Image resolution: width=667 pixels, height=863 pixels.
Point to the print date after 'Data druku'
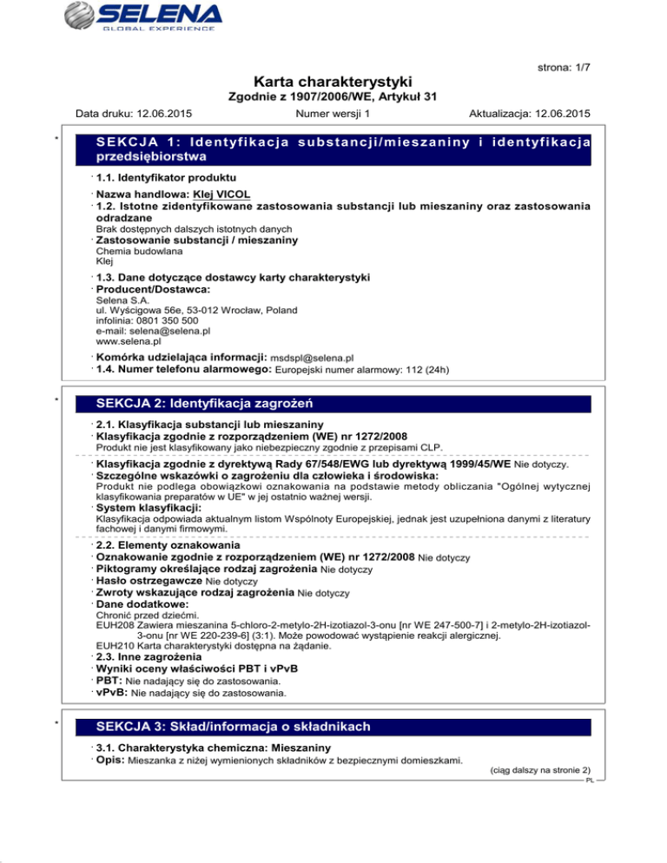164,113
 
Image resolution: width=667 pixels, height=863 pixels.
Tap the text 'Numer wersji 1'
333,113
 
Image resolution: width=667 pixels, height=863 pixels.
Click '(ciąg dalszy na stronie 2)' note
540,770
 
